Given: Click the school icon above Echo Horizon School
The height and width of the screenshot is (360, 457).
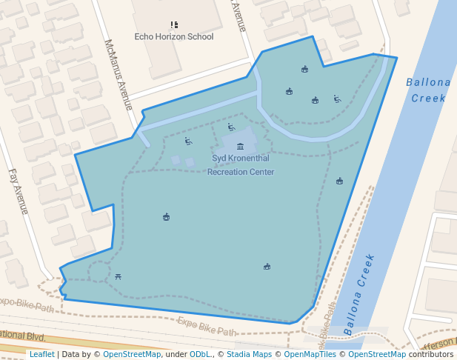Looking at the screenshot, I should pos(174,25).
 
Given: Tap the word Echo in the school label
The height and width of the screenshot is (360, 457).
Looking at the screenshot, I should pos(145,36).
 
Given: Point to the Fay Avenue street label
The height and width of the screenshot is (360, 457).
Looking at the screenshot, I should pos(18,191).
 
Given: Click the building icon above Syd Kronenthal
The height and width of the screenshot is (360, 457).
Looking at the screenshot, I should pos(240,147).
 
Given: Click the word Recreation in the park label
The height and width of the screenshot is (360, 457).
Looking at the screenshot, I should pos(230,172).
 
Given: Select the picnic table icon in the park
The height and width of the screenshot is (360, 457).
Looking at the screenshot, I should pos(119,277).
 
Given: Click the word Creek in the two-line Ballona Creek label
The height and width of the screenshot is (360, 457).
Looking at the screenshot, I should pos(429,98).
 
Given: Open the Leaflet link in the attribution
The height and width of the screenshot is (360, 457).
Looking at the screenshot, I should pos(41,355).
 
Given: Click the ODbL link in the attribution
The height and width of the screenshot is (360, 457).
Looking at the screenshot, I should pos(200,355).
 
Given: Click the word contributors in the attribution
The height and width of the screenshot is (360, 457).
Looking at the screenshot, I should pos(432,355).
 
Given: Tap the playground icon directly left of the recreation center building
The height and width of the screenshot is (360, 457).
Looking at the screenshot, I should pos(189,141).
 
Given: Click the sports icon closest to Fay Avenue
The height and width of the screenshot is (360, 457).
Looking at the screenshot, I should pos(166,217).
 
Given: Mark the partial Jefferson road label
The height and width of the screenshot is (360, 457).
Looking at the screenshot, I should pos(441,344).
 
